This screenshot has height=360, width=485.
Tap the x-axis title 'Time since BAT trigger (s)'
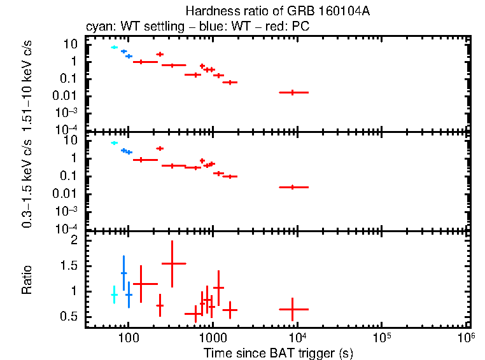pyautogui.click(x=278, y=352)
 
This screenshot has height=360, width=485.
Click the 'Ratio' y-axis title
pyautogui.click(x=27, y=279)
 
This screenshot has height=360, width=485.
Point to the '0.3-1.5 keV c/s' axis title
pyautogui.click(x=27, y=184)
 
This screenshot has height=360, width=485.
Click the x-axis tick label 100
pyautogui.click(x=129, y=336)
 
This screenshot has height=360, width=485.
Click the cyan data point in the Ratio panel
pyautogui.click(x=115, y=295)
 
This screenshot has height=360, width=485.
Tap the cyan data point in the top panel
pyautogui.click(x=115, y=47)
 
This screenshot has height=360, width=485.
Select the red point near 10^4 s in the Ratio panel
pyautogui.click(x=293, y=309)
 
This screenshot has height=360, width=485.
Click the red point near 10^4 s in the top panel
pyautogui.click(x=293, y=92)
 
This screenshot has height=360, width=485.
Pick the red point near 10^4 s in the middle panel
pyautogui.click(x=293, y=187)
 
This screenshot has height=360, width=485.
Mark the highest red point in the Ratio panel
pyautogui.click(x=172, y=263)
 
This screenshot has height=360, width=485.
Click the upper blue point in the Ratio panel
pyautogui.click(x=123, y=273)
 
